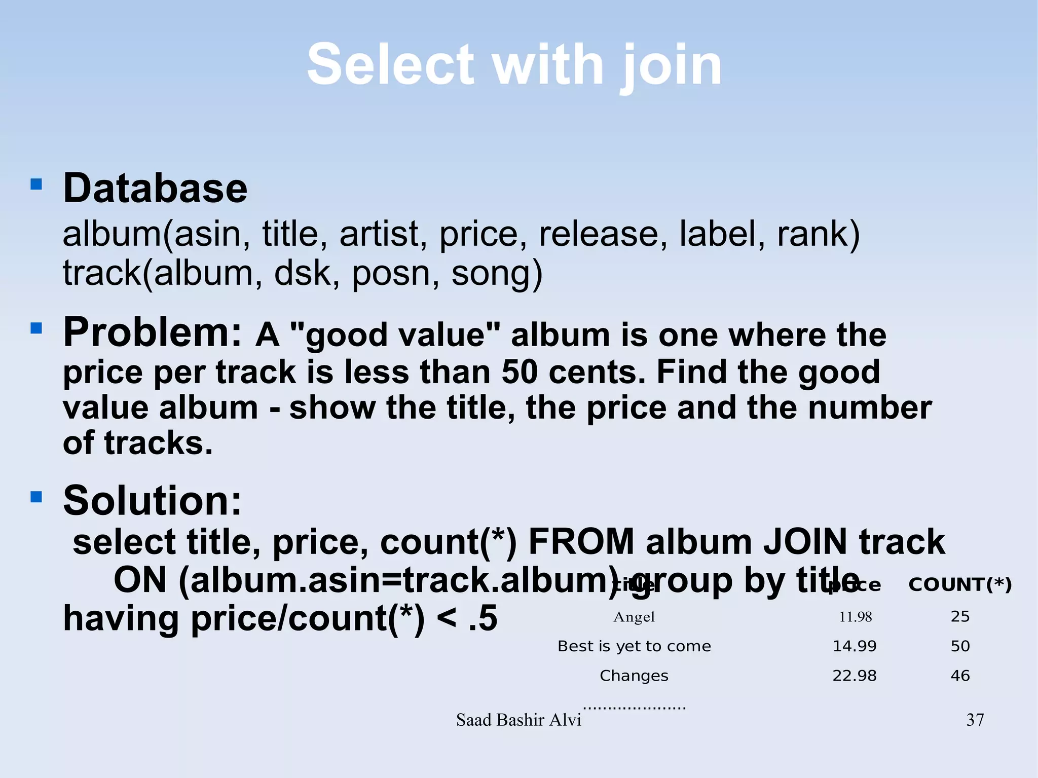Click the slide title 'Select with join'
[514, 65]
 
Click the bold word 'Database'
[155, 188]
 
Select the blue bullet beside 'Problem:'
[36, 328]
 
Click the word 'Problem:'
[152, 332]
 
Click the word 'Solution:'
[152, 500]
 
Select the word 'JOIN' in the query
[805, 542]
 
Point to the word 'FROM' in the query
[581, 542]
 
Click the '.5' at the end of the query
[483, 619]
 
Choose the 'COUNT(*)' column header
[959, 585]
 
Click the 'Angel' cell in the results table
[634, 617]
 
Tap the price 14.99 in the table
[855, 646]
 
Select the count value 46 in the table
[960, 676]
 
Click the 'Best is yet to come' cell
[634, 646]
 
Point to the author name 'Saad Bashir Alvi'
[518, 720]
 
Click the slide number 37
[975, 720]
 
